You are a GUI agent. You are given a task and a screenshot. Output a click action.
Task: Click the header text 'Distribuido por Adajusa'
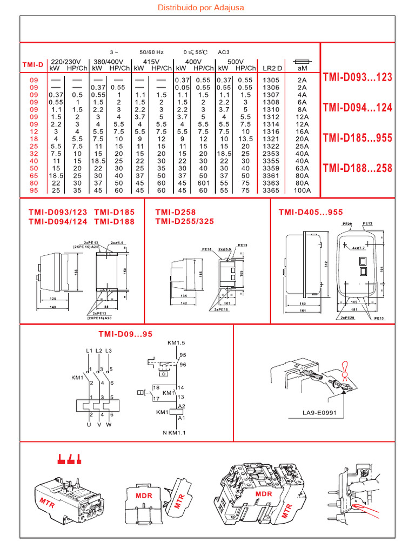pyautogui.click(x=200, y=8)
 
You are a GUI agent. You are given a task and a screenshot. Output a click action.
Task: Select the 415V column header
pyautogui.click(x=151, y=62)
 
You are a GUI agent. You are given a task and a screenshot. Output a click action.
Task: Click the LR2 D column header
pyautogui.click(x=272, y=69)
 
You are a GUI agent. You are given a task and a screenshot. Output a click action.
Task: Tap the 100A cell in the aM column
pyautogui.click(x=302, y=190)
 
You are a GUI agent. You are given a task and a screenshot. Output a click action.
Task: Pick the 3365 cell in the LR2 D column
pyautogui.click(x=271, y=190)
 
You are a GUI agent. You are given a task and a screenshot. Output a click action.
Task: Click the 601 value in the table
pyautogui.click(x=203, y=183)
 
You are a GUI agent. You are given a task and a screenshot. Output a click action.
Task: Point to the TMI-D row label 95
pyautogui.click(x=33, y=190)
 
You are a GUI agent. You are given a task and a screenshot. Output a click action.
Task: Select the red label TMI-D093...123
pyautogui.click(x=357, y=77)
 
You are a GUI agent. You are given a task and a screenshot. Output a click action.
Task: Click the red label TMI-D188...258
pyautogui.click(x=357, y=168)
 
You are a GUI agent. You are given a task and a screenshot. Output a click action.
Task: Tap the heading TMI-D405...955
pyautogui.click(x=311, y=212)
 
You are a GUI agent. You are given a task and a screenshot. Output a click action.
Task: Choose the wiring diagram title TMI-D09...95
pyautogui.click(x=126, y=334)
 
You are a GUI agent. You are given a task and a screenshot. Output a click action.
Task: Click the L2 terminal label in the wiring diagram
pyautogui.click(x=99, y=352)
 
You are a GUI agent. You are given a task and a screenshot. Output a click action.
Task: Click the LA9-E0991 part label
pyautogui.click(x=319, y=416)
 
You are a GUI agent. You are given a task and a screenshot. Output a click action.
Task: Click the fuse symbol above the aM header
pyautogui.click(x=302, y=62)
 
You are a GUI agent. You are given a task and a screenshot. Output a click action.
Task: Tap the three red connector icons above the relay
pyautogui.click(x=69, y=459)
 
